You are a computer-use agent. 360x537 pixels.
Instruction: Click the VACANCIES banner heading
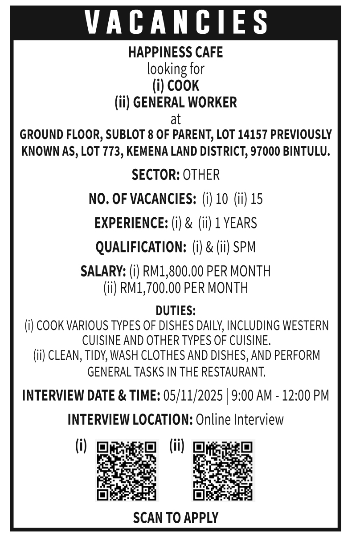coord(176,21)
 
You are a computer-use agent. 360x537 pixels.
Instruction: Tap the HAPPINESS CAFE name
coord(176,53)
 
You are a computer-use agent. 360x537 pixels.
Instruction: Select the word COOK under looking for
coord(183,85)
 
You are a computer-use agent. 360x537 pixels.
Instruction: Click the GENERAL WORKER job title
coord(185,102)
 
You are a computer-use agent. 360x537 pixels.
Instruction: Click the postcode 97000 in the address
coord(266,151)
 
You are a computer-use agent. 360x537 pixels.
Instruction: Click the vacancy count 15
coord(257,199)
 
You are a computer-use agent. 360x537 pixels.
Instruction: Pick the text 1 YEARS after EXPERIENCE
coord(236,223)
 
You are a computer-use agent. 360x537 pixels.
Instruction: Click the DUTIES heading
coord(176,310)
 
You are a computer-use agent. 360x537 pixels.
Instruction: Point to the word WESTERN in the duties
coord(303,325)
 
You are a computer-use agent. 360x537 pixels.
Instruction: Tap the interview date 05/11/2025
coord(193,395)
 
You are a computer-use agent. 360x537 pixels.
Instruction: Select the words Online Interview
coord(240,419)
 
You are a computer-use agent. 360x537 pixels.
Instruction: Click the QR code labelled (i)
coord(127,470)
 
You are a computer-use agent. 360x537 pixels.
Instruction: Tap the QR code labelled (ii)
coord(223,470)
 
